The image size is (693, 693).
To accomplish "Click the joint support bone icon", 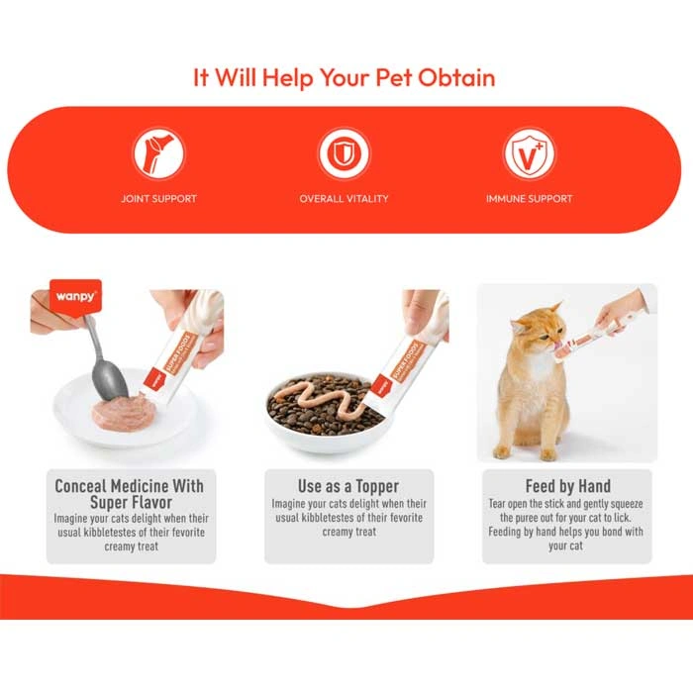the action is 159,153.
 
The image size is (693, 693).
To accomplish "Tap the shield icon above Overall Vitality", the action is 344,153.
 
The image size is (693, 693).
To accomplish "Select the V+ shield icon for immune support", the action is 529,153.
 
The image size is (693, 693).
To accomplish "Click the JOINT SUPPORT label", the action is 159,199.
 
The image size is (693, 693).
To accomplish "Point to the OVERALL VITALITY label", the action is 344,199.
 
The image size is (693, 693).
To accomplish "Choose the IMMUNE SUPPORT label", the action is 529,199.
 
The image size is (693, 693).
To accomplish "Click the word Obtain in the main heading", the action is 456,78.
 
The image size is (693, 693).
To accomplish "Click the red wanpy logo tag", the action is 75,297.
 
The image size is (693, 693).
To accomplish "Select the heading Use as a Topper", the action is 348,487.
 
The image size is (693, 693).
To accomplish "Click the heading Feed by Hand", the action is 568,486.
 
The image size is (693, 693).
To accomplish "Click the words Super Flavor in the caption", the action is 131,503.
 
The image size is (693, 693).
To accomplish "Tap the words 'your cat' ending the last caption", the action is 565,545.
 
